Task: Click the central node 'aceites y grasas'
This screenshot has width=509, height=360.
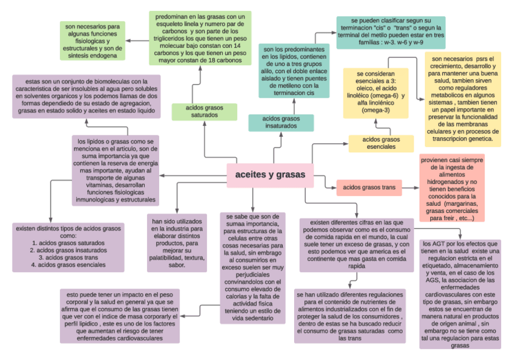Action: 270,175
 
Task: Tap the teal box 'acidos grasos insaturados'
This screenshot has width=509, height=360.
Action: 281,122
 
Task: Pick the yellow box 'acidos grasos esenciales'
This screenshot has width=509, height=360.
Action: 381,143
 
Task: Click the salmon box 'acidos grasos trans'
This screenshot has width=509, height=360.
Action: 369,188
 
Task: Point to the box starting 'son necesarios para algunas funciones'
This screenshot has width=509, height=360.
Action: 92,41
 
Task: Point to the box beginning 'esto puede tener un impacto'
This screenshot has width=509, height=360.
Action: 119,316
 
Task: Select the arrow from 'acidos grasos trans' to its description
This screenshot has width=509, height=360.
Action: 409,188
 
